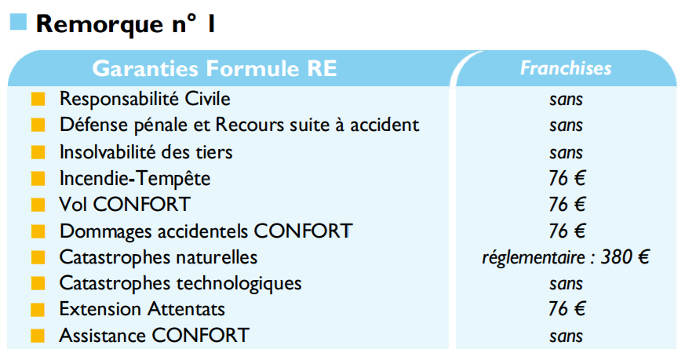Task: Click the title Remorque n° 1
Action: tap(126, 24)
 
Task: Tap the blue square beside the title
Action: tap(19, 22)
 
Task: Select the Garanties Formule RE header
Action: tap(214, 68)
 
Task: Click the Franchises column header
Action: tap(566, 68)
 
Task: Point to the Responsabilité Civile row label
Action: tap(144, 98)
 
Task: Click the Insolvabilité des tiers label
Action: tap(146, 152)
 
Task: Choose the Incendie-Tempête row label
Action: tap(135, 178)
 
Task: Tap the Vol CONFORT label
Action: tap(125, 204)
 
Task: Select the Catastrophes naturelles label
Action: tap(158, 256)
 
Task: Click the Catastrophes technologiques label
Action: tap(180, 283)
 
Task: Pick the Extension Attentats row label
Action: tap(142, 309)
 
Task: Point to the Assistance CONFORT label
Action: tap(155, 336)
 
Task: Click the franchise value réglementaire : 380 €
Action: tap(566, 257)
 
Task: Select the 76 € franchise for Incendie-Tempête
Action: tap(566, 178)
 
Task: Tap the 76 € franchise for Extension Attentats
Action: tap(566, 309)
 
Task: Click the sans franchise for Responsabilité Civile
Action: tap(566, 100)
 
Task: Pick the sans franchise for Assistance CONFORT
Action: tap(566, 336)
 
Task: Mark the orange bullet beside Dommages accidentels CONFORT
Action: tap(38, 231)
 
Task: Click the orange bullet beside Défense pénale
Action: tap(38, 125)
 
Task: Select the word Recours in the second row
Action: tap(250, 125)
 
